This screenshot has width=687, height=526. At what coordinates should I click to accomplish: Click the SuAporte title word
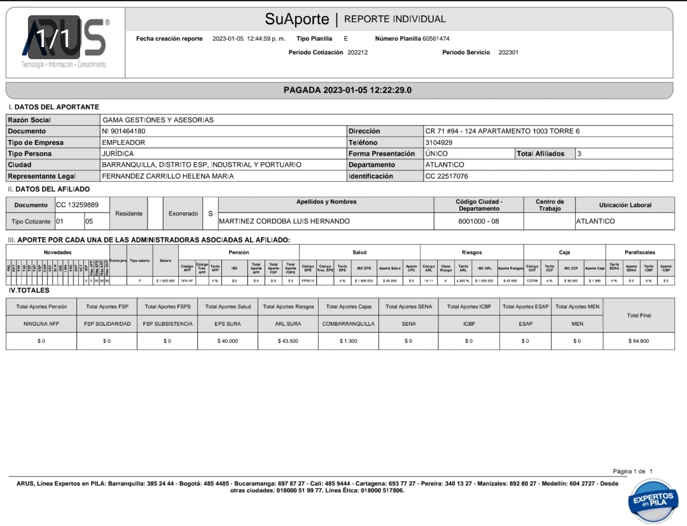coord(297,19)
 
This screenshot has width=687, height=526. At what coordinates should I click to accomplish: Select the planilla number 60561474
coord(436,39)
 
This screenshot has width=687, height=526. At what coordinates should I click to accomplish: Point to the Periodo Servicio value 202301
coord(508,52)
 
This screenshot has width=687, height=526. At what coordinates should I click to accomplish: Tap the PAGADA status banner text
coord(347,90)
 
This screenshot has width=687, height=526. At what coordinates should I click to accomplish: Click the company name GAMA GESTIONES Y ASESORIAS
coord(158,120)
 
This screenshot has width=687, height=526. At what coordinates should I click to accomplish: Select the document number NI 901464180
coord(127,131)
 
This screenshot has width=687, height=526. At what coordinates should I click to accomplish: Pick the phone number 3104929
coord(439,142)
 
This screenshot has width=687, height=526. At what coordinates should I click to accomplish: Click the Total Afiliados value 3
coord(579,153)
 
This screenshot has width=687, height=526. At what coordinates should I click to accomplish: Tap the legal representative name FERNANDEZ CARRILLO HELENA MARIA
coord(168,176)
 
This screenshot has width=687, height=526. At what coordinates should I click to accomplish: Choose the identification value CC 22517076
coord(447,176)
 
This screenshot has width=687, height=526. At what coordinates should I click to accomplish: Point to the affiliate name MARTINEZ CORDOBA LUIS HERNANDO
coord(284,221)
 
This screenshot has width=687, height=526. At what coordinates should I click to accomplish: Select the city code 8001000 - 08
coord(479,221)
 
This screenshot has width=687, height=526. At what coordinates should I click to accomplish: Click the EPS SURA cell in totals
coord(228,323)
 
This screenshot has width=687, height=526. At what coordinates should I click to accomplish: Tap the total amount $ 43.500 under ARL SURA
coord(288,342)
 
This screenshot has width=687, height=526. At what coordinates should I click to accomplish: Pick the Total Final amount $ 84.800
coord(638,342)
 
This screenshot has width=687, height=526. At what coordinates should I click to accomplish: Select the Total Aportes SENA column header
coord(408,307)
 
